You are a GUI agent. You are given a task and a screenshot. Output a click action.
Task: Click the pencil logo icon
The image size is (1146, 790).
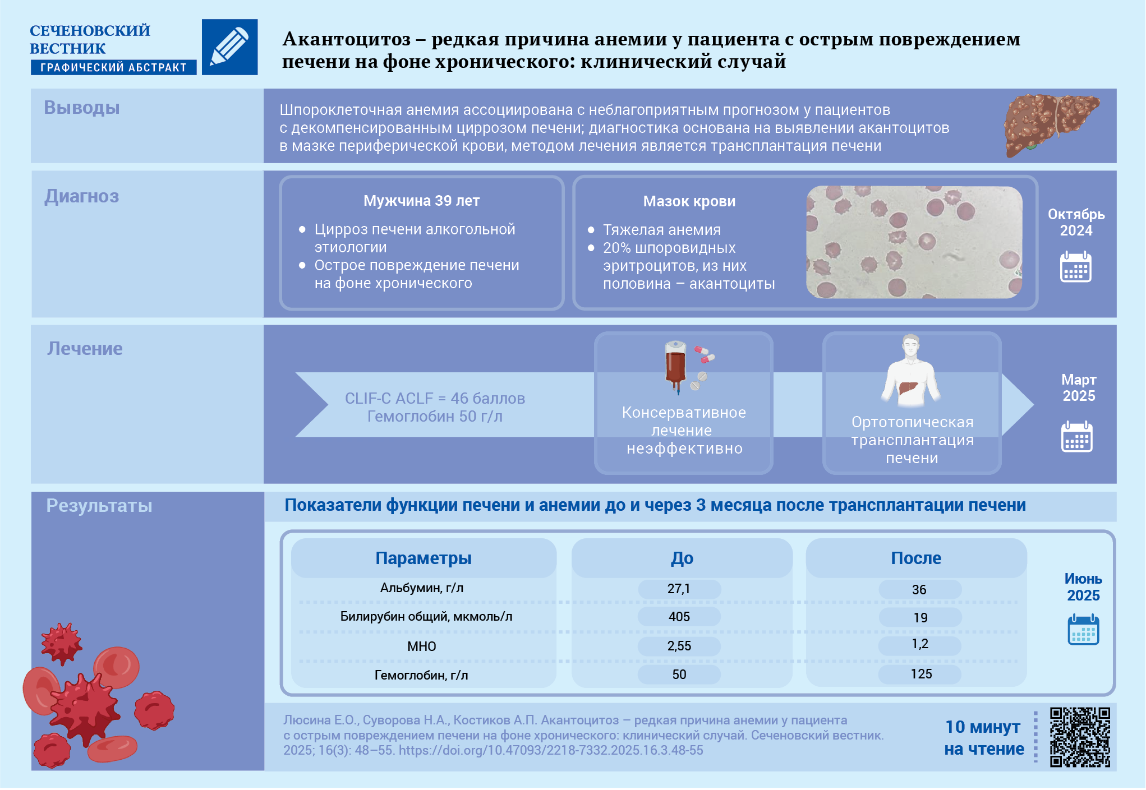click(229, 47)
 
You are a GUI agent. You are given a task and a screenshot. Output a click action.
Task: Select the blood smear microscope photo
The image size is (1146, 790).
click(914, 242)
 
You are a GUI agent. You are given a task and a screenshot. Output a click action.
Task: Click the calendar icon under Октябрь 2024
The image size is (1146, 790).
click(1075, 267)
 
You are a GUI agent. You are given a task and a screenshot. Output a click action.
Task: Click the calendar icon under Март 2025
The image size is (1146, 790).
click(1076, 436)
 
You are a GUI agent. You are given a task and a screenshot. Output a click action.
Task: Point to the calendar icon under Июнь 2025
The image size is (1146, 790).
click(1083, 630)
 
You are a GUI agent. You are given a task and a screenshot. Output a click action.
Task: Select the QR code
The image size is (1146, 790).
click(1079, 737)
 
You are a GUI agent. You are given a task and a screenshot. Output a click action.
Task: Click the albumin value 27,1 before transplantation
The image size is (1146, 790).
click(679, 589)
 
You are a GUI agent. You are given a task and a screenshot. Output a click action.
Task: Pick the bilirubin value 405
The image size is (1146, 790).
click(679, 617)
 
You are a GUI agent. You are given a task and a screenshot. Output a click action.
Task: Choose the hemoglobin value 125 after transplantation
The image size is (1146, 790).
click(921, 674)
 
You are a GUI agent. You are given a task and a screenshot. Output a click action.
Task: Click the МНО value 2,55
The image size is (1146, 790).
click(679, 646)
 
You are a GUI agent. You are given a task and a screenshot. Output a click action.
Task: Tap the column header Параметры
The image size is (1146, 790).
click(423, 558)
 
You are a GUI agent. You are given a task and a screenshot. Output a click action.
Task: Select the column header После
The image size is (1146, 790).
click(915, 558)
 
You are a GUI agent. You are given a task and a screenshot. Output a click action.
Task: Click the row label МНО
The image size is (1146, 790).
click(421, 646)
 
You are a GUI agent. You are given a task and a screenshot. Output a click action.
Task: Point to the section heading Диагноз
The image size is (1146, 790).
click(82, 196)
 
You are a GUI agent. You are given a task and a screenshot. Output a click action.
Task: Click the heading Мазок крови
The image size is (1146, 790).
click(689, 201)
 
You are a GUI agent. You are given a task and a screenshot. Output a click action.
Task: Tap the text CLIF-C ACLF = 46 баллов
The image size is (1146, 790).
click(435, 398)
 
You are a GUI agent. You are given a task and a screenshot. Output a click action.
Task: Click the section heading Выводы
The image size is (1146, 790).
click(82, 108)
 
